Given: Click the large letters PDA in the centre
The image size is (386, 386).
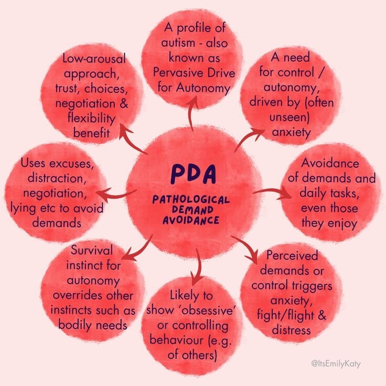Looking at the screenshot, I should [x=192, y=175].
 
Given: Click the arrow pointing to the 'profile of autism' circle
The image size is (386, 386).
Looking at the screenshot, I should [x=191, y=113].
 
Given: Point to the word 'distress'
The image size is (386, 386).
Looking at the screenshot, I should [x=292, y=330].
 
